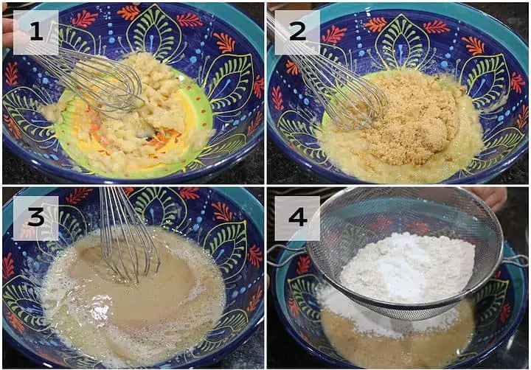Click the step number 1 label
click(35, 32)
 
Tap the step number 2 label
click(297, 32)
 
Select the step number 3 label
click(35, 217)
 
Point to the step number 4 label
click(297, 217)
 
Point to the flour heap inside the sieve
click(406, 268)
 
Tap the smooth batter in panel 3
click(136, 295)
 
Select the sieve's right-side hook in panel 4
click(515, 260)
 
